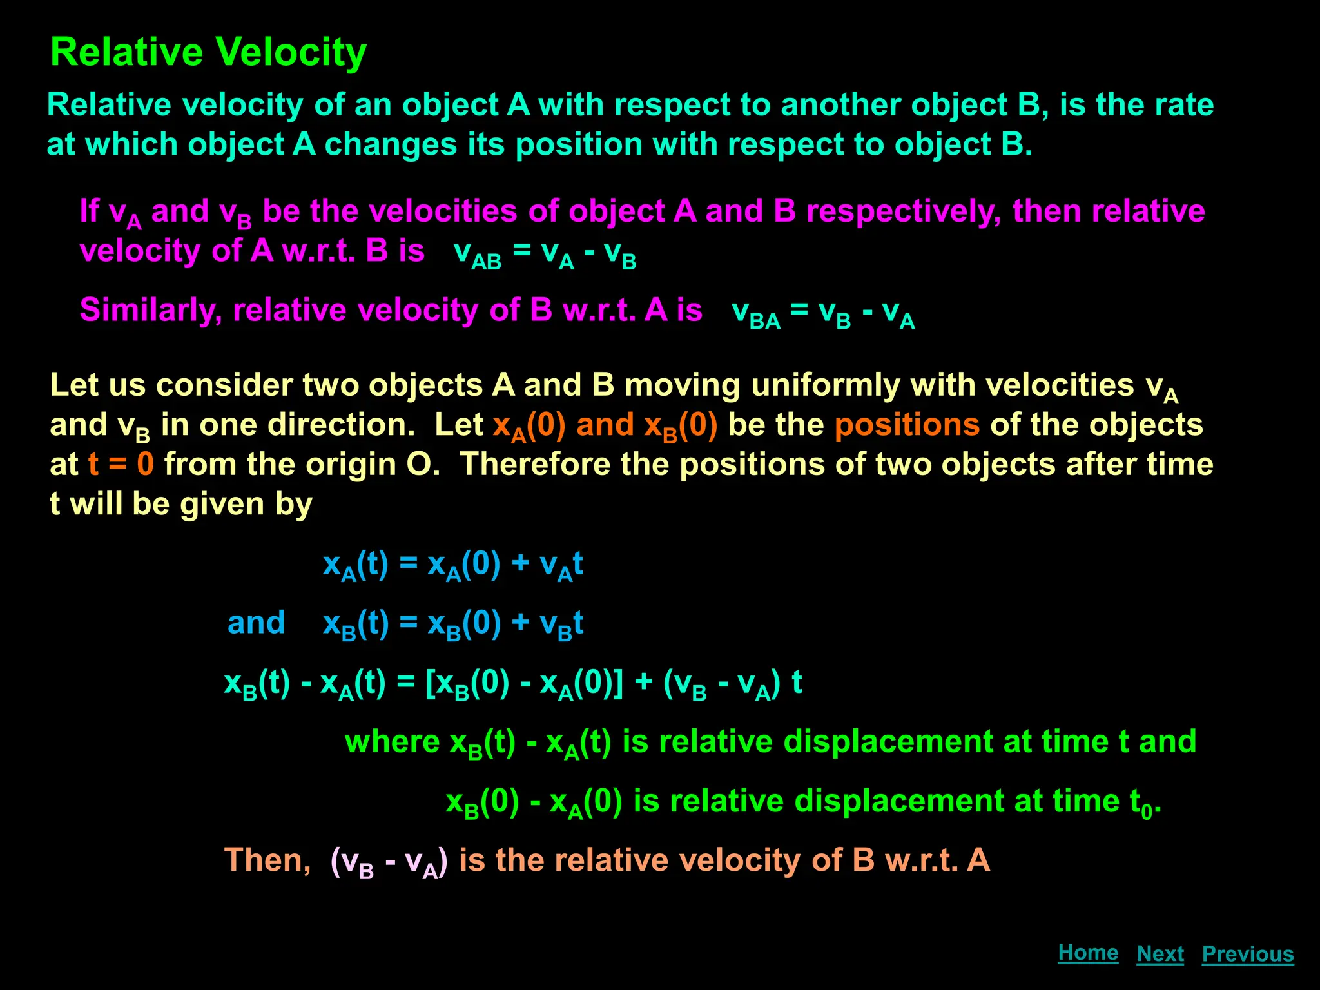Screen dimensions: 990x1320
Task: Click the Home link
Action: [x=1088, y=953]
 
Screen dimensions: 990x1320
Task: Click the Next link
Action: [x=1160, y=954]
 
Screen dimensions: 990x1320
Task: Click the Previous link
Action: [x=1248, y=954]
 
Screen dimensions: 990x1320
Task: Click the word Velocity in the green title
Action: [x=290, y=53]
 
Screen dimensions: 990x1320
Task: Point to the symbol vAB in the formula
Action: [x=477, y=253]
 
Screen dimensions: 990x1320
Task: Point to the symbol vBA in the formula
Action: [x=755, y=313]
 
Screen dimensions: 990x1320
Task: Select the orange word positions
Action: [x=907, y=425]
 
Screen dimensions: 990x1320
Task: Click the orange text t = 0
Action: [x=121, y=464]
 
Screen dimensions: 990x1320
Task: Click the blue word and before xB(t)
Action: [x=256, y=623]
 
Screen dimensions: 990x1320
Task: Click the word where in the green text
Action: [x=392, y=742]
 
